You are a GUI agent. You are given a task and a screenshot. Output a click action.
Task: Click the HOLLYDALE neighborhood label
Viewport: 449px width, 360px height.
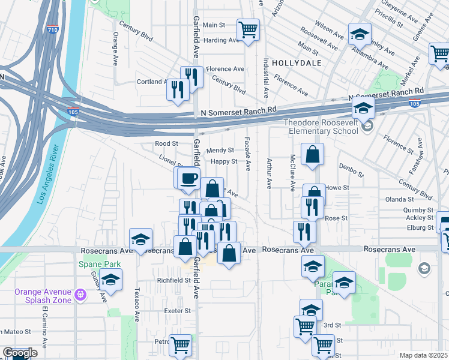coord(297,62)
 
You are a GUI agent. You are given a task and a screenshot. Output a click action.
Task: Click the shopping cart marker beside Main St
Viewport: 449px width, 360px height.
coord(248,29)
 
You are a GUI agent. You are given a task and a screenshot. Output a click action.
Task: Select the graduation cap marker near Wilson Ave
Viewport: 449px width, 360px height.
coord(360,34)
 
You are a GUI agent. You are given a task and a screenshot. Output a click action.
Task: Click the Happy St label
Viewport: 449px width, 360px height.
coord(224,161)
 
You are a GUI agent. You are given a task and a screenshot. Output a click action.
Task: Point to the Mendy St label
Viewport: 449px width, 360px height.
coord(219,151)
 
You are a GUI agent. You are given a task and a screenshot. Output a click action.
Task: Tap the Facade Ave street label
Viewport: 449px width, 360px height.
coord(247,153)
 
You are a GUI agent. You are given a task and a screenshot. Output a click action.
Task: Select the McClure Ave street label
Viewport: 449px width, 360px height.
coord(292,169)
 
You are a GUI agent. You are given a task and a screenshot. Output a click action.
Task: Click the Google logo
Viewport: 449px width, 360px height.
coord(20,353)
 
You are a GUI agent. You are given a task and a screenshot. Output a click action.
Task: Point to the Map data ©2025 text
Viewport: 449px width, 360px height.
coord(424,355)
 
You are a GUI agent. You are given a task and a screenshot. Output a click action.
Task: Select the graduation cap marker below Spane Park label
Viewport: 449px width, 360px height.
coord(110,280)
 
